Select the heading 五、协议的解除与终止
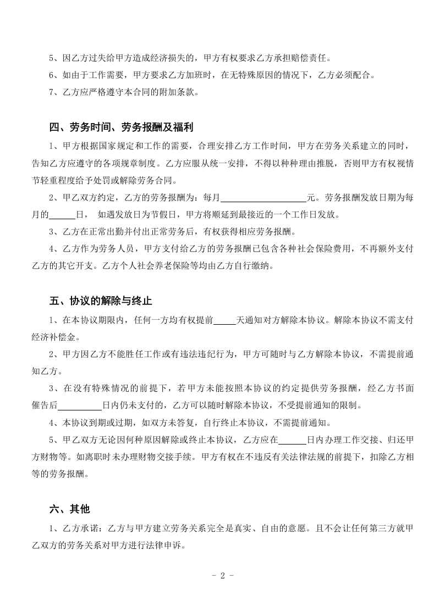point(101,301)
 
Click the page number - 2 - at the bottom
point(223,576)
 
